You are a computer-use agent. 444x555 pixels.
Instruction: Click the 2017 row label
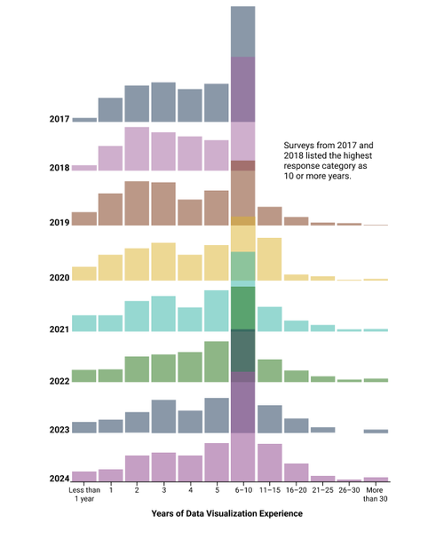pos(59,119)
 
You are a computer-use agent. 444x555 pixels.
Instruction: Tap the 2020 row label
pos(59,278)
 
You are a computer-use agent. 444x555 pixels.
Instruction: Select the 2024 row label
pos(59,479)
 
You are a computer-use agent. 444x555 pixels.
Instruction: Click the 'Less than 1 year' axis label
pos(84,494)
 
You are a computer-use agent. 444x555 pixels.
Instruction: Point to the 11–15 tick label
pos(270,489)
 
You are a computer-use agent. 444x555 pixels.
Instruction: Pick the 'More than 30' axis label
pos(376,494)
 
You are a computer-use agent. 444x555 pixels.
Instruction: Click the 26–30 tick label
pos(349,489)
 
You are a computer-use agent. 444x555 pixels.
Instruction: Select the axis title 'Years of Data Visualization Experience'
pos(227,513)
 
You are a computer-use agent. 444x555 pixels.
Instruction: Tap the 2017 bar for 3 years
pos(163,101)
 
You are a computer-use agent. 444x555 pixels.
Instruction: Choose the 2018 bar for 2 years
pos(137,148)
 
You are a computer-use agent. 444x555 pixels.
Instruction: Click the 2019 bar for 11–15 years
pos(270,216)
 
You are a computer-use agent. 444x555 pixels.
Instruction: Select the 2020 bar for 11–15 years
pos(270,259)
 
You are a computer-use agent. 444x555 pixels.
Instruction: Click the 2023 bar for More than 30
pos(376,431)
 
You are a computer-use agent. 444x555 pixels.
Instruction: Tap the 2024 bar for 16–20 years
pos(297,472)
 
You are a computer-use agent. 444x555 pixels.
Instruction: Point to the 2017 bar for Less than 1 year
pos(84,119)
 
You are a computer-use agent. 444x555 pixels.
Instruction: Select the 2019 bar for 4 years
pos(190,212)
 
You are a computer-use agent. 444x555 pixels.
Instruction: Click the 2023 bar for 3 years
pos(163,416)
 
